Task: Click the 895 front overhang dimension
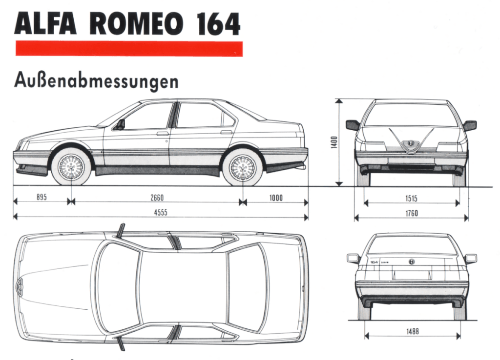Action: point(42,197)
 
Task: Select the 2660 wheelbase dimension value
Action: point(157,198)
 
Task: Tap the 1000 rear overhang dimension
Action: point(276,198)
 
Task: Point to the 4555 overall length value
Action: point(161,213)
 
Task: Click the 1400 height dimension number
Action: point(334,142)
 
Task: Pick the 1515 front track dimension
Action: point(411,199)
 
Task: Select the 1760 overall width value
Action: point(412,213)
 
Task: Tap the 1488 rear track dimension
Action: point(412,332)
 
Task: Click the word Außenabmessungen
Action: point(96,81)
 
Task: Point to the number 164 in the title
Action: point(218,24)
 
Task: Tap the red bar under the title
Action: point(129,49)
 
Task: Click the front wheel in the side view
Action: point(71,167)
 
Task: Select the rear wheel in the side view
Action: point(243,167)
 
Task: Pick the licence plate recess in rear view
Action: point(412,274)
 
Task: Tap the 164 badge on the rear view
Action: point(374,262)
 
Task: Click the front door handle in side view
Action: point(162,134)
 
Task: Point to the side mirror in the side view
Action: point(121,124)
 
